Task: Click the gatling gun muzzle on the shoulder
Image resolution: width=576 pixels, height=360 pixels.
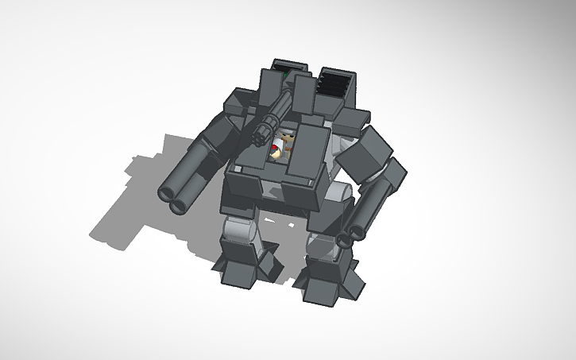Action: point(260,137)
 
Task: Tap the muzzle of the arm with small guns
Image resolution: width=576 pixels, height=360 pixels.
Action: point(346,238)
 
